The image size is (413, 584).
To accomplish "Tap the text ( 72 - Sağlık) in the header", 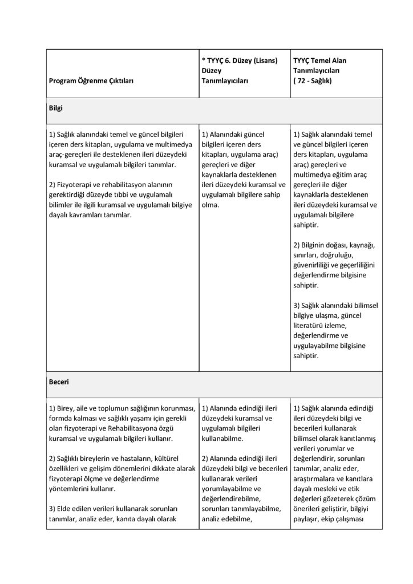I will click(314, 81).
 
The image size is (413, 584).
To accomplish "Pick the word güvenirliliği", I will click(315, 265).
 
